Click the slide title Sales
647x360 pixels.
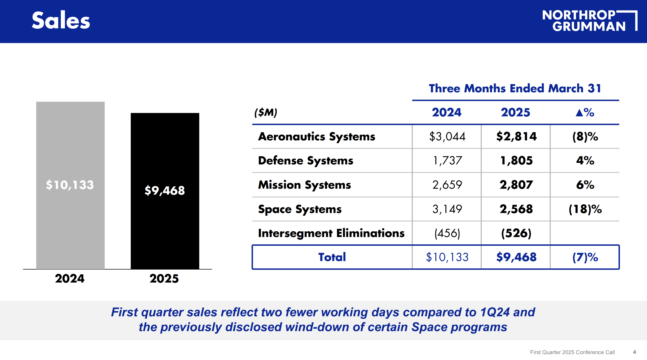(61, 20)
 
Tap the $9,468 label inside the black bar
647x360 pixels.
(165, 190)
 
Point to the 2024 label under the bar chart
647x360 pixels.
(70, 278)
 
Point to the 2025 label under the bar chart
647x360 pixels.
(164, 278)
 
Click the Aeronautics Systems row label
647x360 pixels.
(317, 137)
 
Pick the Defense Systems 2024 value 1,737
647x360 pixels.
(447, 161)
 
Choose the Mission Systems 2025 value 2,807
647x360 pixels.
(516, 185)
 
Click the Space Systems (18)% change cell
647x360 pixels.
(585, 209)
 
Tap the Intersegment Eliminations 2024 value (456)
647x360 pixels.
(447, 233)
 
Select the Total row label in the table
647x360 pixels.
(332, 257)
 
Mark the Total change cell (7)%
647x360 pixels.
(585, 257)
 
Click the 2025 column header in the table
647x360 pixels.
(515, 112)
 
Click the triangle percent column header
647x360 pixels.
(585, 112)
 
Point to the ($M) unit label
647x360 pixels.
(266, 112)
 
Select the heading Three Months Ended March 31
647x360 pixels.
(515, 88)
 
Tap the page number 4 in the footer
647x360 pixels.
(634, 352)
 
